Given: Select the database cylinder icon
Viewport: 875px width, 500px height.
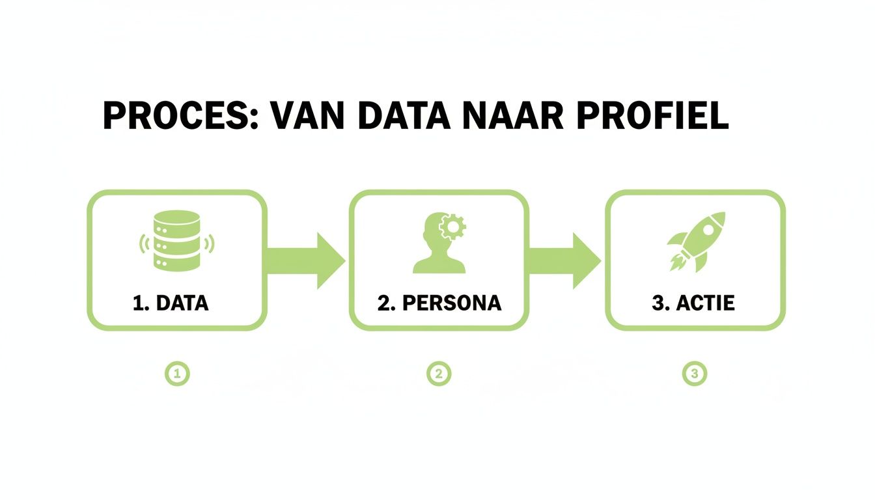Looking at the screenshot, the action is [x=176, y=241].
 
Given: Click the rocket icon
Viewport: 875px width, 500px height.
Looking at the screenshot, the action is [x=695, y=241].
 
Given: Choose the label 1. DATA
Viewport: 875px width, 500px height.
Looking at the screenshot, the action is [x=171, y=303].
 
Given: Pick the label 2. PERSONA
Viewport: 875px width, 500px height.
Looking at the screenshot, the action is [x=439, y=303].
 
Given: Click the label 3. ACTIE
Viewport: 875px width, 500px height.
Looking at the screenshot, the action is [x=693, y=303].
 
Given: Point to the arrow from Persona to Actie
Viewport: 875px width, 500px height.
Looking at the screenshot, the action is [x=564, y=260].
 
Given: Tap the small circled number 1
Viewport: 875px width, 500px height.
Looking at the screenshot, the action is [x=177, y=374].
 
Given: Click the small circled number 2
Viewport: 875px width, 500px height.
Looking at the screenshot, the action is [x=439, y=374].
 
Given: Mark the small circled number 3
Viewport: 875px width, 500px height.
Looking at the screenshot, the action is [x=694, y=374].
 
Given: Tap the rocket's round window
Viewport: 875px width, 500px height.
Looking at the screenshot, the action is [x=710, y=226].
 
